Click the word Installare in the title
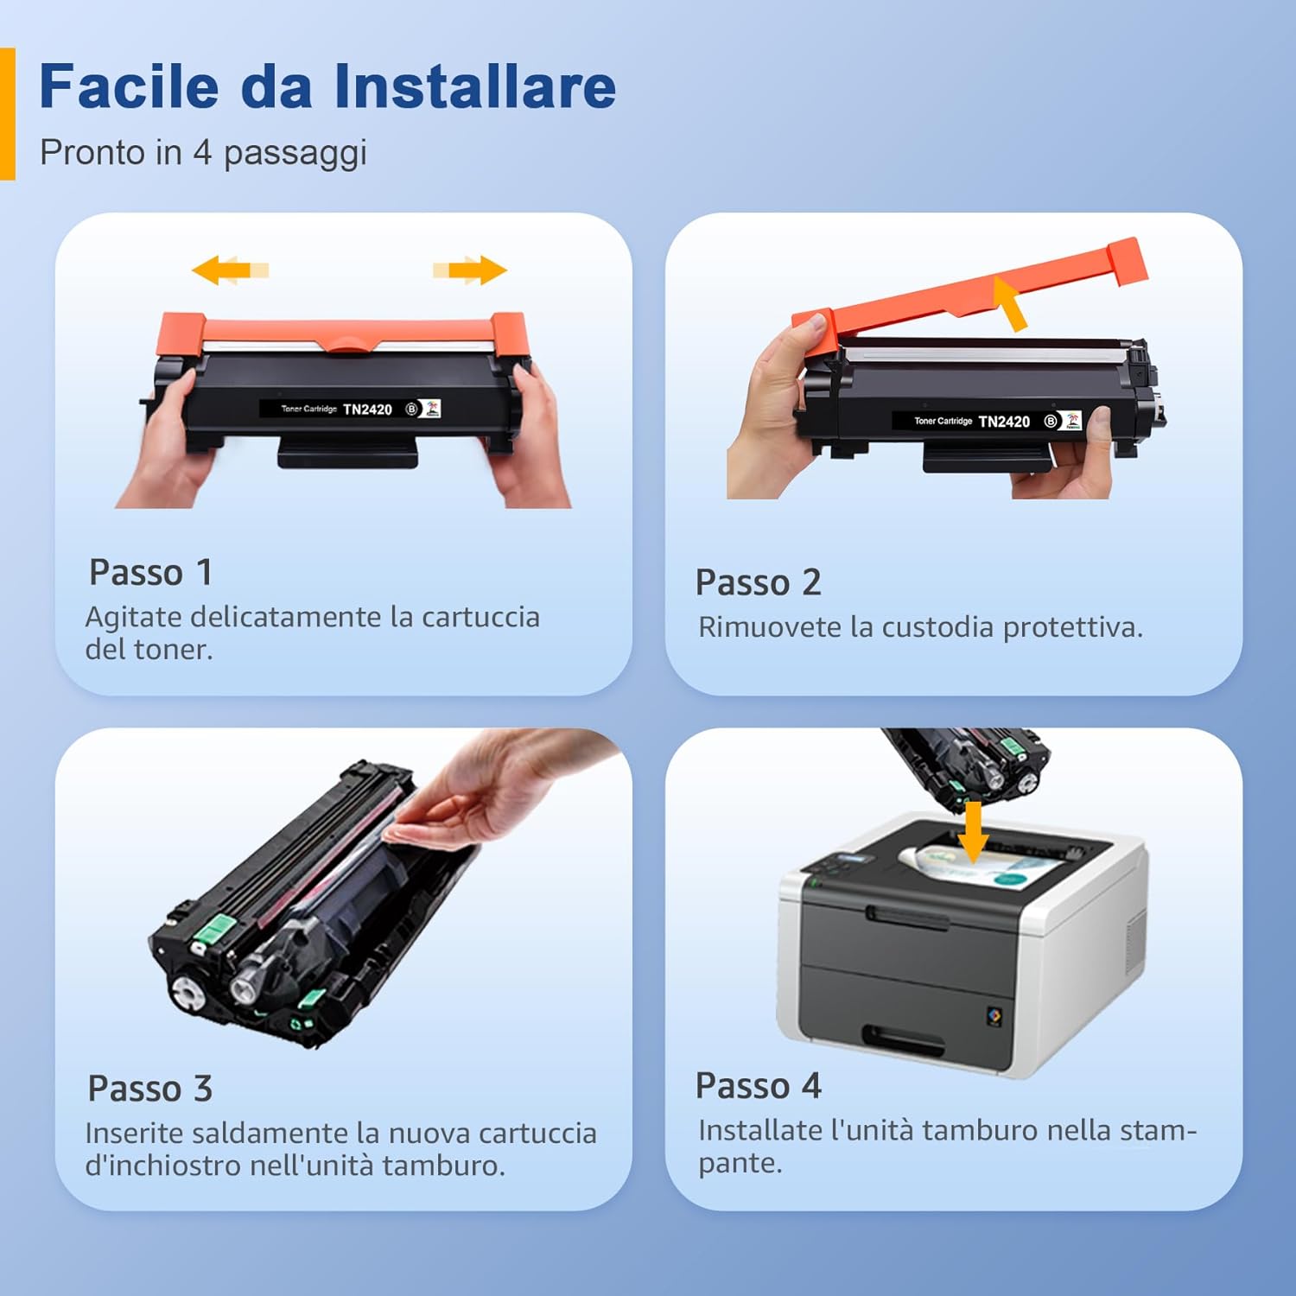(x=474, y=86)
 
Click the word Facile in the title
(x=130, y=86)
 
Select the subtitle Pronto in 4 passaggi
(x=203, y=153)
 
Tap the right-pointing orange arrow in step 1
(x=471, y=270)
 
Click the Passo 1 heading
(x=150, y=573)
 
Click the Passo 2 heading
(x=758, y=583)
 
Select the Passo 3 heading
(x=149, y=1089)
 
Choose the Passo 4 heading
(x=758, y=1086)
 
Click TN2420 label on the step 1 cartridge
(x=367, y=410)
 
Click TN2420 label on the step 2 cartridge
(x=1004, y=422)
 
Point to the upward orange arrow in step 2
(x=1011, y=302)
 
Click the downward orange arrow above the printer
(x=974, y=831)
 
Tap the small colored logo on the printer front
(x=994, y=1016)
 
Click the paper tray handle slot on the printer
(x=903, y=1039)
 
